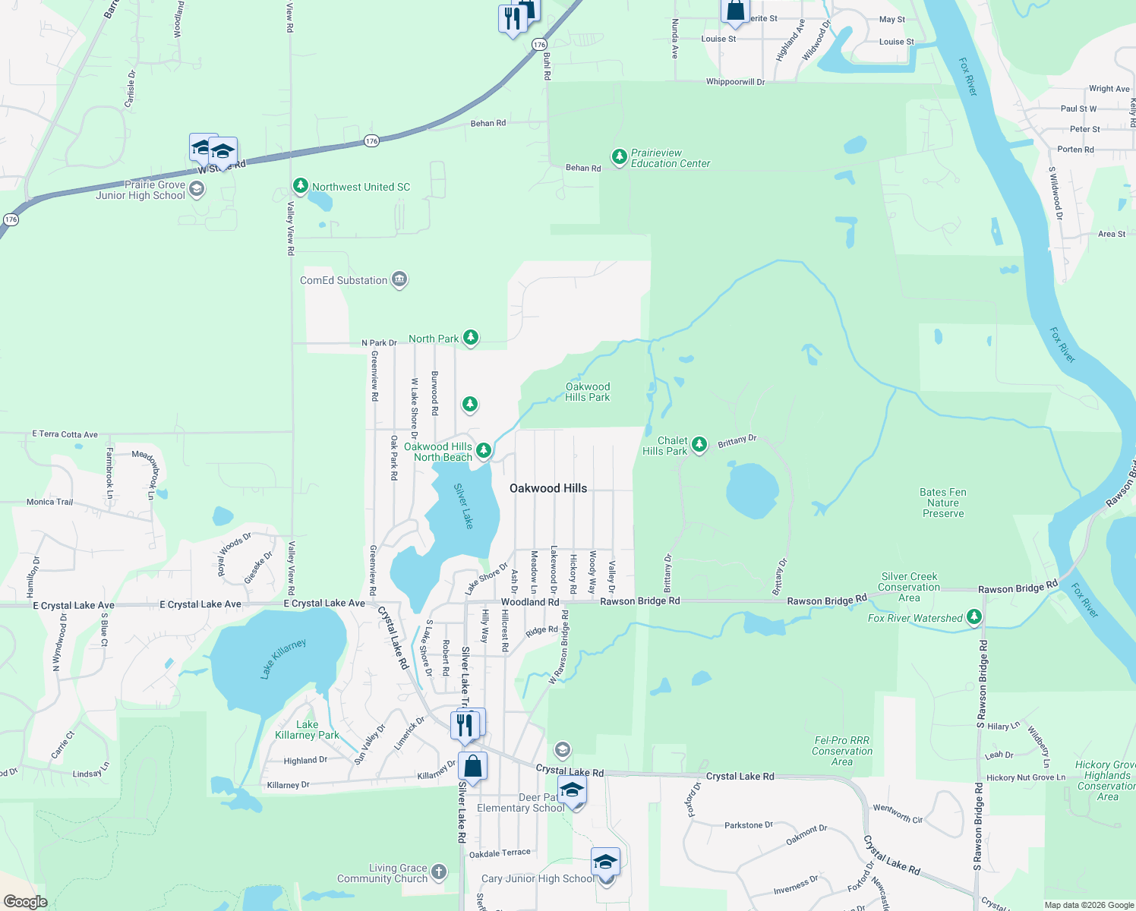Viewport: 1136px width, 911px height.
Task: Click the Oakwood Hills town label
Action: click(548, 488)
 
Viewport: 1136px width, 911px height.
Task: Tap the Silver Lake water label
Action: click(463, 506)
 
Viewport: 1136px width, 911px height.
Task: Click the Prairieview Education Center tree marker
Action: click(620, 157)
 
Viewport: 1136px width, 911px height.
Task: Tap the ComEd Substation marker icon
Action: click(399, 280)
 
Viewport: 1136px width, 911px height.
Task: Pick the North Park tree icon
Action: click(471, 337)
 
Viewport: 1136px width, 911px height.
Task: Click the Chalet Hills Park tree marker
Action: click(699, 444)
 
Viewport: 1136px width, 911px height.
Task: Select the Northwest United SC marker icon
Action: click(301, 186)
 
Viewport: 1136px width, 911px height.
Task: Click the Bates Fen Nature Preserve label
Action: click(943, 503)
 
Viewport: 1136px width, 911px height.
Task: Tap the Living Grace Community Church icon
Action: click(439, 872)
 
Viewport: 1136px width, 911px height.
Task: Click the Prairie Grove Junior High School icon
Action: click(197, 189)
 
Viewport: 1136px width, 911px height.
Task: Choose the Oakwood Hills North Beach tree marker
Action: click(483, 452)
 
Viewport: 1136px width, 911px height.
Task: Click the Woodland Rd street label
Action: click(530, 602)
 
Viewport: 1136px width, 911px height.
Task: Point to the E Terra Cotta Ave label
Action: click(65, 434)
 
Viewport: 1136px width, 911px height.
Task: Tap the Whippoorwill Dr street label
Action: click(735, 81)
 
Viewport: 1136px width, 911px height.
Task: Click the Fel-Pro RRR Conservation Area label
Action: click(841, 751)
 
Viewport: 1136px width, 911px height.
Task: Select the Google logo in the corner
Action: click(25, 902)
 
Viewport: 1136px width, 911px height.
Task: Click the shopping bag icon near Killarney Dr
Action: click(472, 767)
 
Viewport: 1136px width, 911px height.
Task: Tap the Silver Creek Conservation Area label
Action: click(909, 587)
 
